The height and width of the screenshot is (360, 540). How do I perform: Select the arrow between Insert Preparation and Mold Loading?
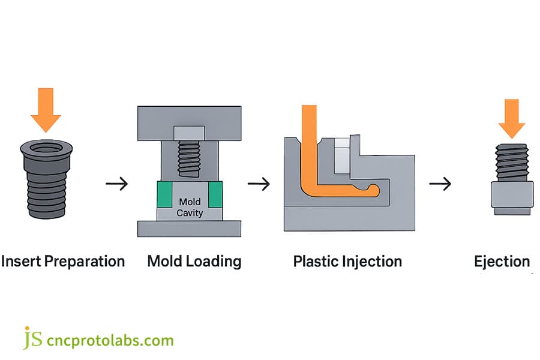click(116, 184)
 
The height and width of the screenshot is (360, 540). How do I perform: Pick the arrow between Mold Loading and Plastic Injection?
click(259, 184)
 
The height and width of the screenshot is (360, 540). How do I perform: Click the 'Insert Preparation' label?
click(63, 262)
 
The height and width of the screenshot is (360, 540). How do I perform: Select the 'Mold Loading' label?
click(194, 262)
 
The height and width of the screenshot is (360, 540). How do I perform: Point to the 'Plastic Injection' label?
click(347, 262)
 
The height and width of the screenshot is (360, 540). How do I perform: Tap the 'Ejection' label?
click(502, 262)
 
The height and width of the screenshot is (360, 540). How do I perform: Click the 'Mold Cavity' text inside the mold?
click(190, 208)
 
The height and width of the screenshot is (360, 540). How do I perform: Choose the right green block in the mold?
click(215, 194)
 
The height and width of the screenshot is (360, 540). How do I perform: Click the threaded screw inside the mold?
click(189, 158)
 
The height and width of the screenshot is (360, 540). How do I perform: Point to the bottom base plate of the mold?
click(190, 229)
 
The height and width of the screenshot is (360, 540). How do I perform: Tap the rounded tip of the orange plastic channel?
click(373, 190)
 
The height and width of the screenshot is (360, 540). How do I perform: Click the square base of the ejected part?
click(511, 195)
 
